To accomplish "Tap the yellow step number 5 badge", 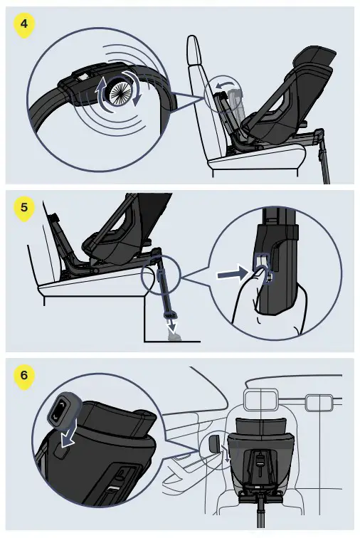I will tap(24, 209).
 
